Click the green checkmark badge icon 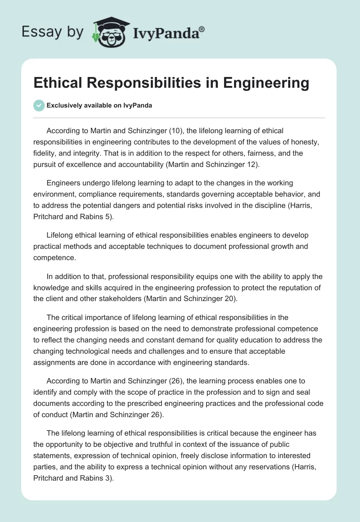coord(39,105)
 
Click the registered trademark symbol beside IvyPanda coord(202,29)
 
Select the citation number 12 coord(253,164)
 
